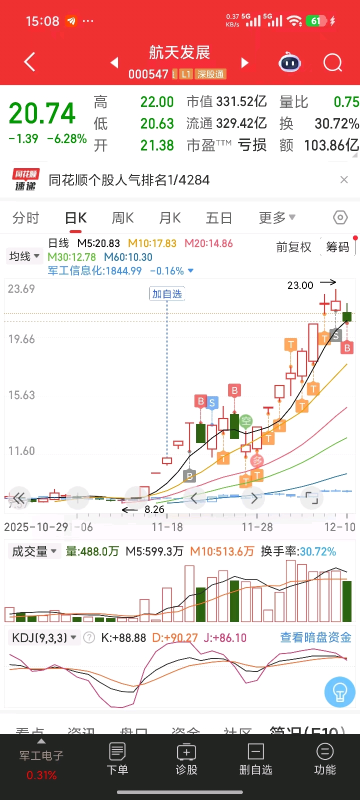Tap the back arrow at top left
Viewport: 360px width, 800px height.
coord(30,62)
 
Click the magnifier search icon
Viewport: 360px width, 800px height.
coord(332,63)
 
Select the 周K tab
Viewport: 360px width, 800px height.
coord(122,218)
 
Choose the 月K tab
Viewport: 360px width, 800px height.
coord(170,218)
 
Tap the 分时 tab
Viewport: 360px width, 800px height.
coord(26,218)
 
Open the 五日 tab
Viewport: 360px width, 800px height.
coord(219,218)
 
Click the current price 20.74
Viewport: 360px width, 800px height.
coord(42,113)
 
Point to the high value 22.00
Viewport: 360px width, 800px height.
coord(157,102)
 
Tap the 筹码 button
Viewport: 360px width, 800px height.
coord(337,247)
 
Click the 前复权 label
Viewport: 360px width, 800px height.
coord(293,247)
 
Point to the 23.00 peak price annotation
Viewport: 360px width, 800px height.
coord(300,285)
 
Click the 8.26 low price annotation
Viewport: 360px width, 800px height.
coord(154,509)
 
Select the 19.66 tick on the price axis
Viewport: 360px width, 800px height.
coord(21,339)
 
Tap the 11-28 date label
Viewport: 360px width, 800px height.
coord(257,527)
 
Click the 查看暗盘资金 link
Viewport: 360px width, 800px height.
coord(315,637)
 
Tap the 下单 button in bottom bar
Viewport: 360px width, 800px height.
coord(117,758)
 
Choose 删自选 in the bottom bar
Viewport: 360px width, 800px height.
coord(255,758)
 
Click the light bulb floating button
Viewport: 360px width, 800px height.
coord(340,692)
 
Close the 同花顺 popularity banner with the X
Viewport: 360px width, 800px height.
coord(344,180)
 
